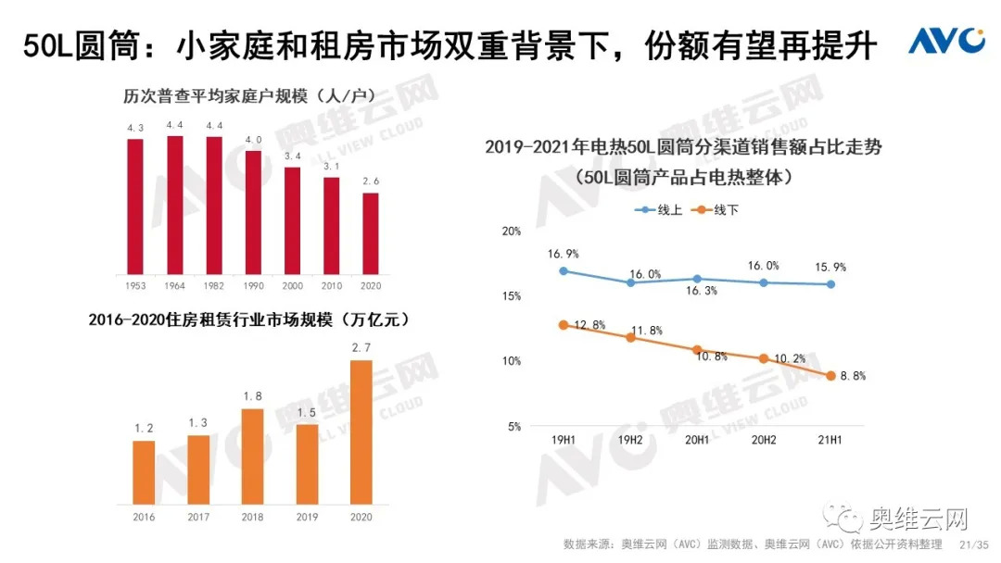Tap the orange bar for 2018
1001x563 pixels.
click(x=251, y=455)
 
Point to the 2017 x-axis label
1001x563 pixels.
click(x=197, y=517)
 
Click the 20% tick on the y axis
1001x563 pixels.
click(x=512, y=231)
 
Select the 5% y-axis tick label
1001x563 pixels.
click(x=514, y=427)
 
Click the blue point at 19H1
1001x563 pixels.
click(x=564, y=271)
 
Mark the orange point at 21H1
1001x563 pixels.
click(x=830, y=375)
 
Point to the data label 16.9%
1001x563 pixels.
click(x=564, y=253)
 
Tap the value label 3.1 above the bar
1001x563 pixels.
click(x=331, y=166)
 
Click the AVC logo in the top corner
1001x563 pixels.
click(x=945, y=41)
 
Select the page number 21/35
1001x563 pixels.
click(x=974, y=544)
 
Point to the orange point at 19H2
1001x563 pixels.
click(x=630, y=337)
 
